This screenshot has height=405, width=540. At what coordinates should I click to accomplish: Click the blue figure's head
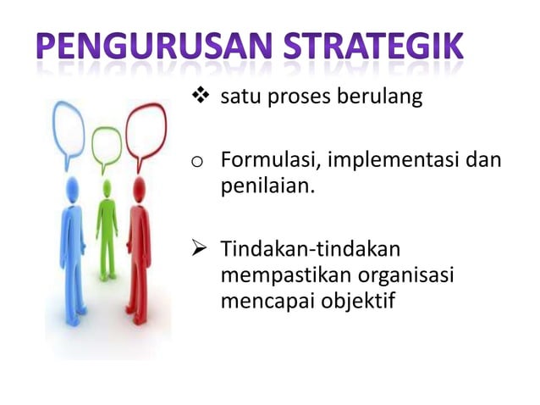click(x=70, y=188)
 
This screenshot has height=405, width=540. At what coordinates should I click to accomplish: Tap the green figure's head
click(x=106, y=185)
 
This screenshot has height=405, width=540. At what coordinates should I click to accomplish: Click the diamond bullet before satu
click(x=201, y=98)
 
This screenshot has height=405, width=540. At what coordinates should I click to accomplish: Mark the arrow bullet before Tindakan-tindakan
click(x=201, y=250)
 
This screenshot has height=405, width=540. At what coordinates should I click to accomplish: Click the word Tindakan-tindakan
click(x=310, y=250)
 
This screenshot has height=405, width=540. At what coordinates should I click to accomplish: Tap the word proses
click(x=296, y=100)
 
